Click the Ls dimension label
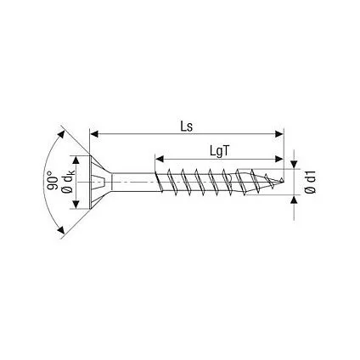[187, 127]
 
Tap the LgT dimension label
[219, 151]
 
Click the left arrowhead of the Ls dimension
[94, 134]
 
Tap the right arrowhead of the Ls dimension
[279, 134]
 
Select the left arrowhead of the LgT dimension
[160, 159]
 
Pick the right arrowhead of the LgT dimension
[279, 159]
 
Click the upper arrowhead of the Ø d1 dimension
[295, 165]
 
